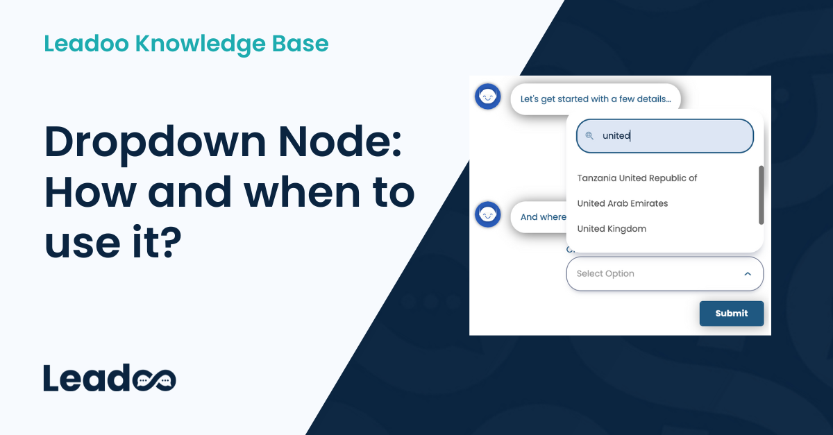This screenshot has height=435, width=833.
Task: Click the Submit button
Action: tap(731, 314)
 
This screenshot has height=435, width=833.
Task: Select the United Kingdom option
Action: tap(612, 229)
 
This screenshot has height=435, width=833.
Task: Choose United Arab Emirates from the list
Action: tap(622, 203)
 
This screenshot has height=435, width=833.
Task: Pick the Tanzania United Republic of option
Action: tap(637, 178)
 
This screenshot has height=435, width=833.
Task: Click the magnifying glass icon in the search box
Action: tap(589, 136)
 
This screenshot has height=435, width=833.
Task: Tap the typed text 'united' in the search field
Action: tap(616, 136)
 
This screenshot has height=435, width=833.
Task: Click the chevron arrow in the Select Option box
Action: tap(748, 274)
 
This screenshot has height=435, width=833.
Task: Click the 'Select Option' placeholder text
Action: tap(605, 274)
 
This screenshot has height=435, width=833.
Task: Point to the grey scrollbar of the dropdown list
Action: tap(761, 195)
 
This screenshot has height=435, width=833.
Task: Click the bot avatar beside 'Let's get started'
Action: tap(488, 96)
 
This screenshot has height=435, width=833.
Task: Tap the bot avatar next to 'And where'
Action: tap(488, 215)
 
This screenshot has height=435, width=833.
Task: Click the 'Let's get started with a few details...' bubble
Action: tap(596, 99)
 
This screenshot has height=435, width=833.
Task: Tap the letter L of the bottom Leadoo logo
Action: tap(53, 377)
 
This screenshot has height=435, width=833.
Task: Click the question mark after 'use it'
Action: tap(167, 243)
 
